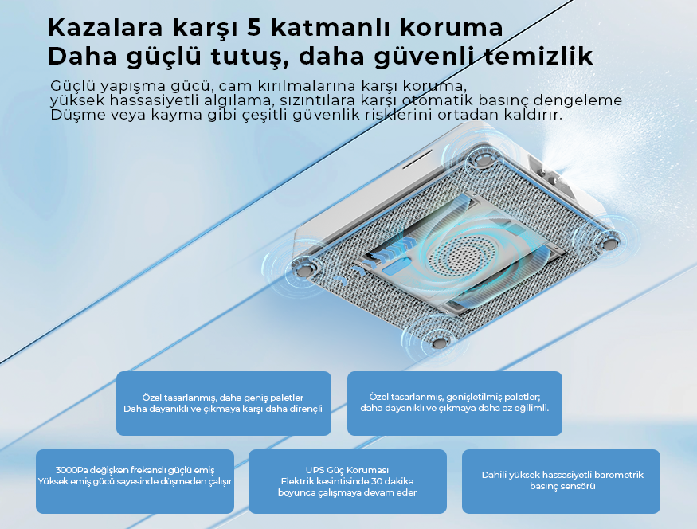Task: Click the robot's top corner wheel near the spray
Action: point(483,159)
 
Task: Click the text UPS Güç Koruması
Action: point(347,470)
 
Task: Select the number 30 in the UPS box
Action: point(374,481)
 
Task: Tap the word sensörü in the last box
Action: point(578,486)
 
